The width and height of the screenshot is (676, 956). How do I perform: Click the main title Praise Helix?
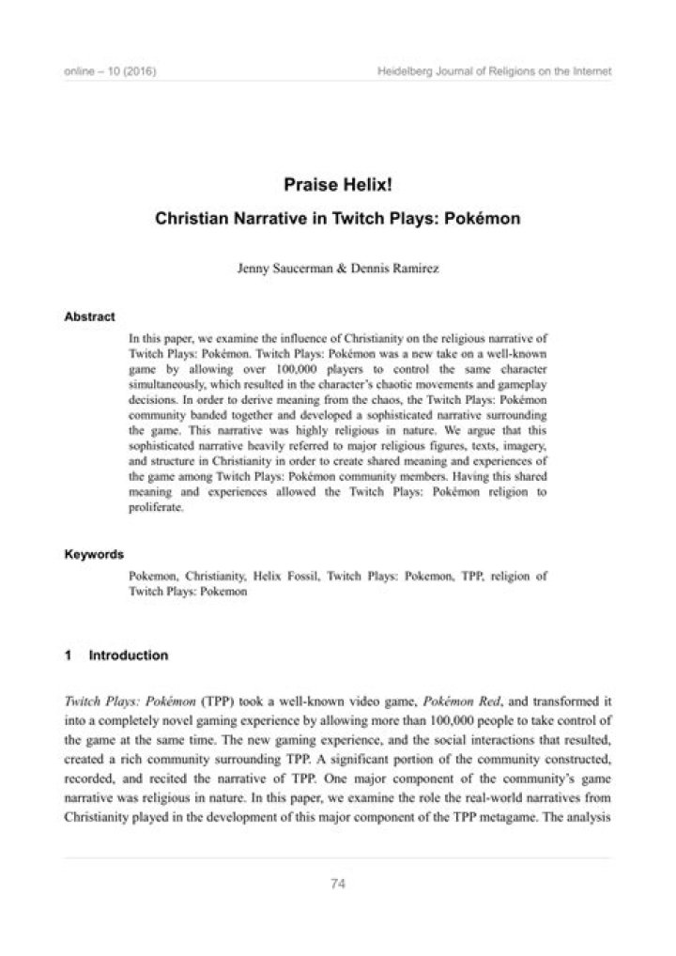[338, 186]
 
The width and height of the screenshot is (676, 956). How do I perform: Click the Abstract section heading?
[89, 316]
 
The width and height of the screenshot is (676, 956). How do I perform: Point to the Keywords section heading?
[94, 555]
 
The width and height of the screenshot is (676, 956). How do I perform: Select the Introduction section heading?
[128, 655]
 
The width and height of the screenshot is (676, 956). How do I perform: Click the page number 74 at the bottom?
[338, 883]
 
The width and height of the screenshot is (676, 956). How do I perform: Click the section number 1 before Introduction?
[69, 655]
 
